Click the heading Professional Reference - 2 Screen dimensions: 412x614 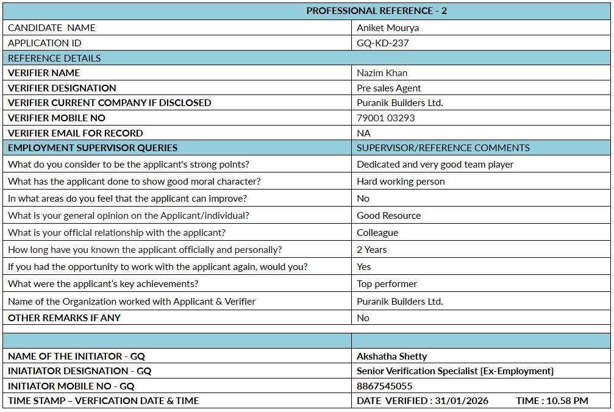(x=376, y=11)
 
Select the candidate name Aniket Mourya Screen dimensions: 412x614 (x=388, y=28)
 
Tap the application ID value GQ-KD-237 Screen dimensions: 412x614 (x=383, y=43)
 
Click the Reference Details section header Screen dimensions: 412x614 (x=54, y=58)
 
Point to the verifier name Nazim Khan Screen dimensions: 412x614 (x=382, y=73)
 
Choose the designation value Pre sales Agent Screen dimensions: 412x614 (x=389, y=88)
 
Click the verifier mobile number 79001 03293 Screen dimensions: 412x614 (x=386, y=118)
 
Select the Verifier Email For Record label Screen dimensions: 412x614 (x=75, y=133)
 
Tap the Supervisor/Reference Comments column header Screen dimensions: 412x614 (x=443, y=147)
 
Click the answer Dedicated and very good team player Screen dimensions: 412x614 (x=435, y=165)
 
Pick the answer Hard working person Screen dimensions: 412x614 (x=401, y=182)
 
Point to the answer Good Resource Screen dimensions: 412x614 (x=388, y=216)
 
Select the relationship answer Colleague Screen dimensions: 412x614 (x=377, y=233)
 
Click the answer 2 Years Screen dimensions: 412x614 (x=372, y=250)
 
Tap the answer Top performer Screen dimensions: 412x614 (x=387, y=284)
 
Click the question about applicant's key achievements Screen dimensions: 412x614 (x=103, y=284)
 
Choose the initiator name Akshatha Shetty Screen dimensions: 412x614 (x=391, y=357)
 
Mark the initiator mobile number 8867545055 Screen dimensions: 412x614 (x=384, y=386)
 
